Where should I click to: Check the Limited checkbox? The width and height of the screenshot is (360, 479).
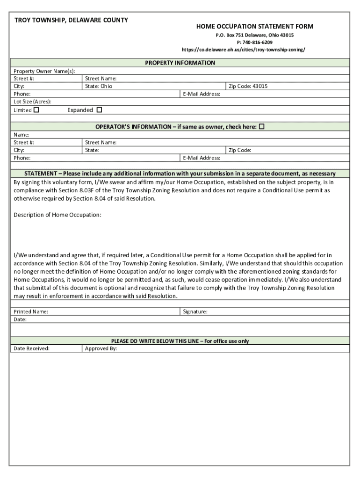pos(36,110)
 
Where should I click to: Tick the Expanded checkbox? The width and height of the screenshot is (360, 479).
pos(99,110)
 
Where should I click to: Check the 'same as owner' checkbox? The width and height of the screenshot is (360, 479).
pos(262,127)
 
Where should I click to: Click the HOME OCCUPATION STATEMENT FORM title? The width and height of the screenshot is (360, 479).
pos(255,27)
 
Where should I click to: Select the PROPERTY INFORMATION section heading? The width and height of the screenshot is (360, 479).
pos(180,63)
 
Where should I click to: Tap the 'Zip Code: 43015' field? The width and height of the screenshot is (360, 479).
pos(248,86)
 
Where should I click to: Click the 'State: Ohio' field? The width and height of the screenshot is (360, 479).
pos(99,86)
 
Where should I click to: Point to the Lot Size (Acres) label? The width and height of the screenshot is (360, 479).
pos(32,102)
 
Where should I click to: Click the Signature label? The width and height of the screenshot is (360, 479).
pos(195,312)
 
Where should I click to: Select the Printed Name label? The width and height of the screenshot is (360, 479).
pos(31,312)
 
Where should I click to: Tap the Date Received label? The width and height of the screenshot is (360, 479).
pos(31,348)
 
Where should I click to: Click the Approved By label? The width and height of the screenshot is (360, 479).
pos(101,348)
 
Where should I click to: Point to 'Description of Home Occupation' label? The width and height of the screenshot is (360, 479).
pos(58,215)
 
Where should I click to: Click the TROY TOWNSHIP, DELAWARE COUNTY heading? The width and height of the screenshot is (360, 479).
pos(71,20)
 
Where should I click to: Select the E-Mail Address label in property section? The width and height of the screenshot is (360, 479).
pos(202,94)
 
